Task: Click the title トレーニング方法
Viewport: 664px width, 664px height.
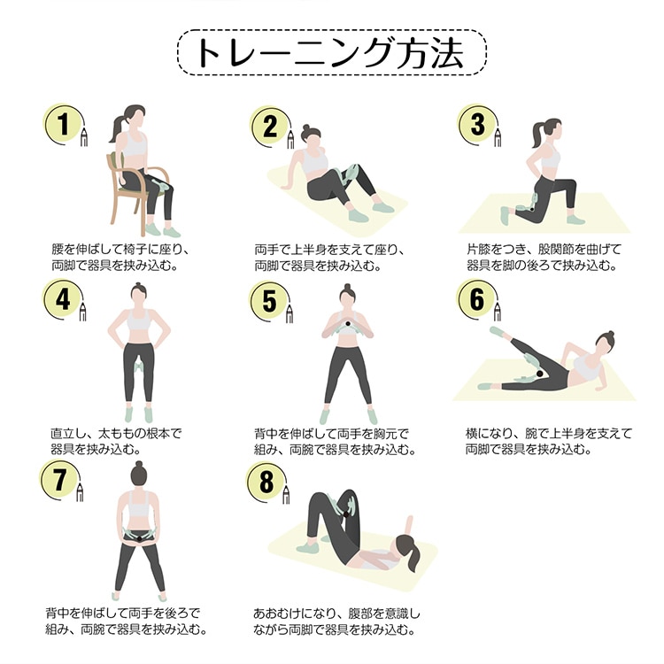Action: [332, 52]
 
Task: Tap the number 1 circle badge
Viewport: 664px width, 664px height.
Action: [64, 124]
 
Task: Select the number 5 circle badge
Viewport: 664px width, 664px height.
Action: [269, 302]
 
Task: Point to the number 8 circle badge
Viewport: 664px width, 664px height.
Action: [266, 482]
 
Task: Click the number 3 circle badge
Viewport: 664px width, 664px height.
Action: [478, 125]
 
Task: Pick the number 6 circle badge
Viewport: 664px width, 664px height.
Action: [477, 299]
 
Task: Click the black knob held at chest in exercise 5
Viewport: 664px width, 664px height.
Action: [348, 324]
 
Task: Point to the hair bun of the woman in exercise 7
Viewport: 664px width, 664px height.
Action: [137, 465]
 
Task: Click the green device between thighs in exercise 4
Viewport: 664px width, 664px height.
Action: [138, 365]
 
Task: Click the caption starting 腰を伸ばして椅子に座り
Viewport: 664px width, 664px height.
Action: [120, 258]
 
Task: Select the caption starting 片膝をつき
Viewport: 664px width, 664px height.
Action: [544, 258]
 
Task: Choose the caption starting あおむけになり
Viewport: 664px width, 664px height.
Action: [336, 622]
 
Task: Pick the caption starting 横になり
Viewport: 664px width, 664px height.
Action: [548, 441]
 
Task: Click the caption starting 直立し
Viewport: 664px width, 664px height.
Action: [116, 441]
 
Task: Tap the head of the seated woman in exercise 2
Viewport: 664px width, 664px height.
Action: [312, 135]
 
